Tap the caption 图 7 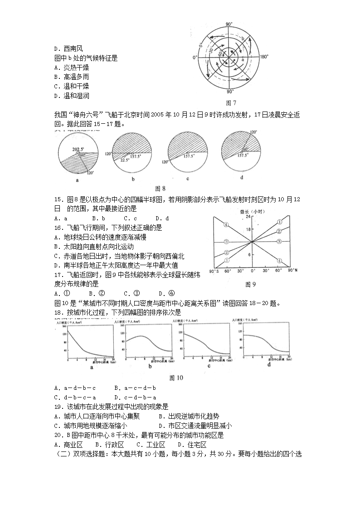tap(231, 103)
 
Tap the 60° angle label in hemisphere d tap(245, 149)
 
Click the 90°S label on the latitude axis tap(214, 271)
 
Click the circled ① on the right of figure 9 tap(279, 222)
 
